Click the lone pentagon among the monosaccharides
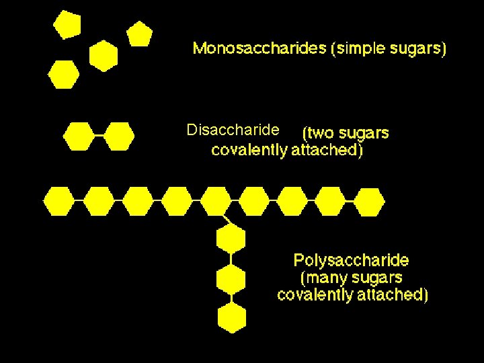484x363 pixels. click(x=139, y=34)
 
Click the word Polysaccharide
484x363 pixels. click(x=351, y=260)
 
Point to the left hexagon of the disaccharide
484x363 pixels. click(x=79, y=136)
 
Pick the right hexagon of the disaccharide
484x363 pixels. click(x=119, y=136)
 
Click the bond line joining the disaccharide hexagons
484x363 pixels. click(x=99, y=136)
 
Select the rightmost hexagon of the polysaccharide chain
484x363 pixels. click(x=369, y=201)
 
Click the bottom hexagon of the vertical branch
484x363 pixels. click(x=231, y=317)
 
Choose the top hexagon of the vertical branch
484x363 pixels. click(x=231, y=239)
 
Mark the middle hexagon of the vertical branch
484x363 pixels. click(x=231, y=278)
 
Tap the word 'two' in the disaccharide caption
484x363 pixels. click(x=320, y=133)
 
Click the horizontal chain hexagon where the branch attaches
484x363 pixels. click(x=215, y=201)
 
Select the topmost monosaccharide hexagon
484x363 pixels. click(x=67, y=25)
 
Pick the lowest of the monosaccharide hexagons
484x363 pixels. click(x=64, y=74)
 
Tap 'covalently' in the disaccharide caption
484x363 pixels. click(x=249, y=150)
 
